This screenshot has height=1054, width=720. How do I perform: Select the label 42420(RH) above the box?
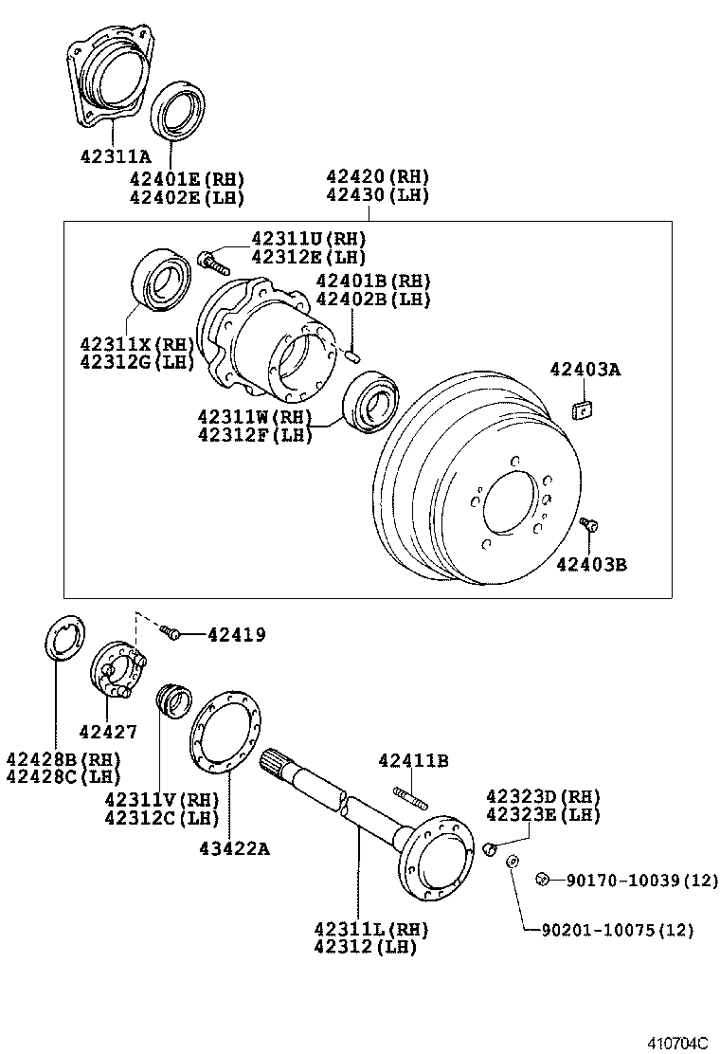[x=377, y=176]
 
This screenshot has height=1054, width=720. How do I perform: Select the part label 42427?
[x=108, y=731]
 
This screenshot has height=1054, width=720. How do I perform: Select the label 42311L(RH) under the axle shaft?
[x=371, y=928]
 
